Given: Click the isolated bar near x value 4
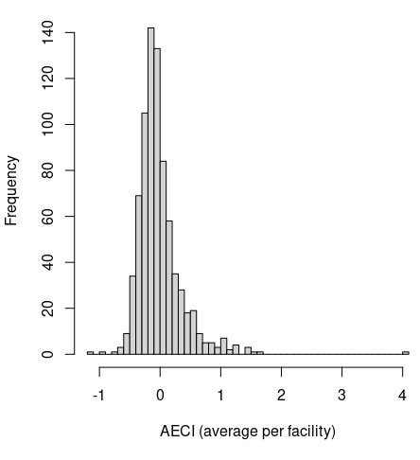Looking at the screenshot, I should click(x=405, y=352).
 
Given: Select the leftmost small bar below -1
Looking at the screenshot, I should click(x=90, y=352).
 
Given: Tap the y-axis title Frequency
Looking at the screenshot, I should click(x=12, y=190).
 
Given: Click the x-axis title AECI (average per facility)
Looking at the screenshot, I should click(x=248, y=432).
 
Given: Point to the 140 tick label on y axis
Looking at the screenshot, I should click(x=59, y=33).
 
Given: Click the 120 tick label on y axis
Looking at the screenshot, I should click(x=59, y=79).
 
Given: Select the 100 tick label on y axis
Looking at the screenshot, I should click(x=59, y=125).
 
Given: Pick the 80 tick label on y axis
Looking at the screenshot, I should click(x=59, y=170).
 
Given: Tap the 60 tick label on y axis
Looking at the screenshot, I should click(x=59, y=217).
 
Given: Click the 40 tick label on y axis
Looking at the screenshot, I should click(x=59, y=262).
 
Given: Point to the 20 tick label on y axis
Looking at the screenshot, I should click(x=59, y=309).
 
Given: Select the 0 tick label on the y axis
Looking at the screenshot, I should click(x=59, y=354).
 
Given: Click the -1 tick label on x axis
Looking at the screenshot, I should click(x=97, y=395).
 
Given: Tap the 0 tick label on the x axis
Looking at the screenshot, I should click(x=160, y=395).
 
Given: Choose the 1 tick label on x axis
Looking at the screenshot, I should click(x=220, y=395).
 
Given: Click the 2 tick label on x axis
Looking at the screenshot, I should click(x=281, y=395).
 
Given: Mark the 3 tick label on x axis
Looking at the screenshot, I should click(x=341, y=395).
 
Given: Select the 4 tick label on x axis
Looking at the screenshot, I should click(x=402, y=395).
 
